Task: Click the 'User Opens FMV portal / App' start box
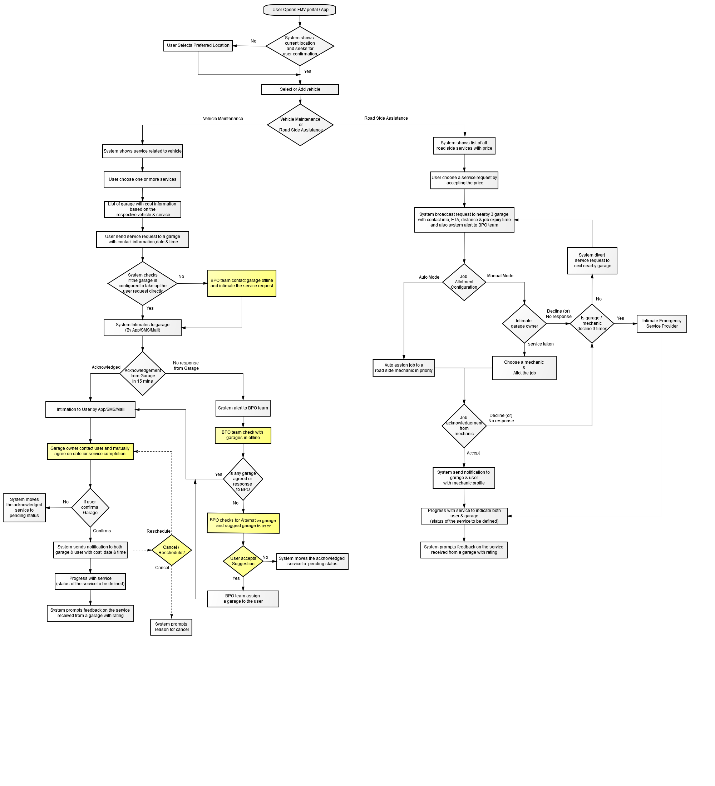[300, 10]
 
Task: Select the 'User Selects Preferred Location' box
[198, 46]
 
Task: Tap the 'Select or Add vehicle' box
[300, 90]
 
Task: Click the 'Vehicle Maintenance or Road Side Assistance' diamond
[300, 125]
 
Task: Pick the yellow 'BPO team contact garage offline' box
[242, 283]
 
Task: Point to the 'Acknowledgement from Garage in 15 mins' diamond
[143, 373]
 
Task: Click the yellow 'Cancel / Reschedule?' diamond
[172, 550]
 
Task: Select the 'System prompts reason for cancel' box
[171, 627]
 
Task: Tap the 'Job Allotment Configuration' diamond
[464, 282]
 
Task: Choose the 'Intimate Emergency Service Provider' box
[662, 324]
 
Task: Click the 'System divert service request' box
[592, 261]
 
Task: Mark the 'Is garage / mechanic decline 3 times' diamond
[592, 324]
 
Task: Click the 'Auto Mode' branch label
[429, 278]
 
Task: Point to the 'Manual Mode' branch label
[500, 276]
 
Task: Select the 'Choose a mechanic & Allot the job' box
[524, 368]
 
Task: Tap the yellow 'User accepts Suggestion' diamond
[243, 561]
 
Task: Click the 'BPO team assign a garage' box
[243, 599]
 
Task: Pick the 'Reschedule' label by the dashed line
[158, 531]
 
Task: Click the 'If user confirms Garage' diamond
[90, 508]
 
